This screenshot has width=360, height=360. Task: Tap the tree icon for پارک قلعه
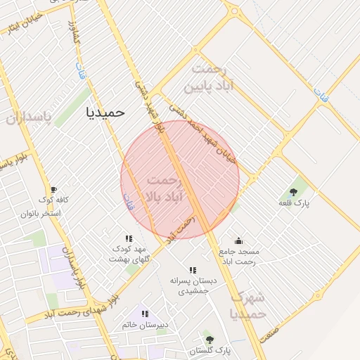293,192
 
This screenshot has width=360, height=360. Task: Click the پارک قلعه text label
294,203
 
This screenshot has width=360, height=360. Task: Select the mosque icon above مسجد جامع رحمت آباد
238,240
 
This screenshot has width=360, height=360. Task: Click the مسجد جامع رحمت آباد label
239,257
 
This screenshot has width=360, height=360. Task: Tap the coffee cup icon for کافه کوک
53,190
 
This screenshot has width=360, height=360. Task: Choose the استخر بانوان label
45,212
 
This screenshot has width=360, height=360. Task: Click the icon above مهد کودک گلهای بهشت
129,238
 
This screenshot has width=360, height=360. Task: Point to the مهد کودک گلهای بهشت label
127,254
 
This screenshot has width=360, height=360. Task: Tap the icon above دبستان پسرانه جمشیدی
193,270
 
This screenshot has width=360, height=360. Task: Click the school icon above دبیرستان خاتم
146,314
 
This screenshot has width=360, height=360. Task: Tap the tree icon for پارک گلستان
207,339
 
